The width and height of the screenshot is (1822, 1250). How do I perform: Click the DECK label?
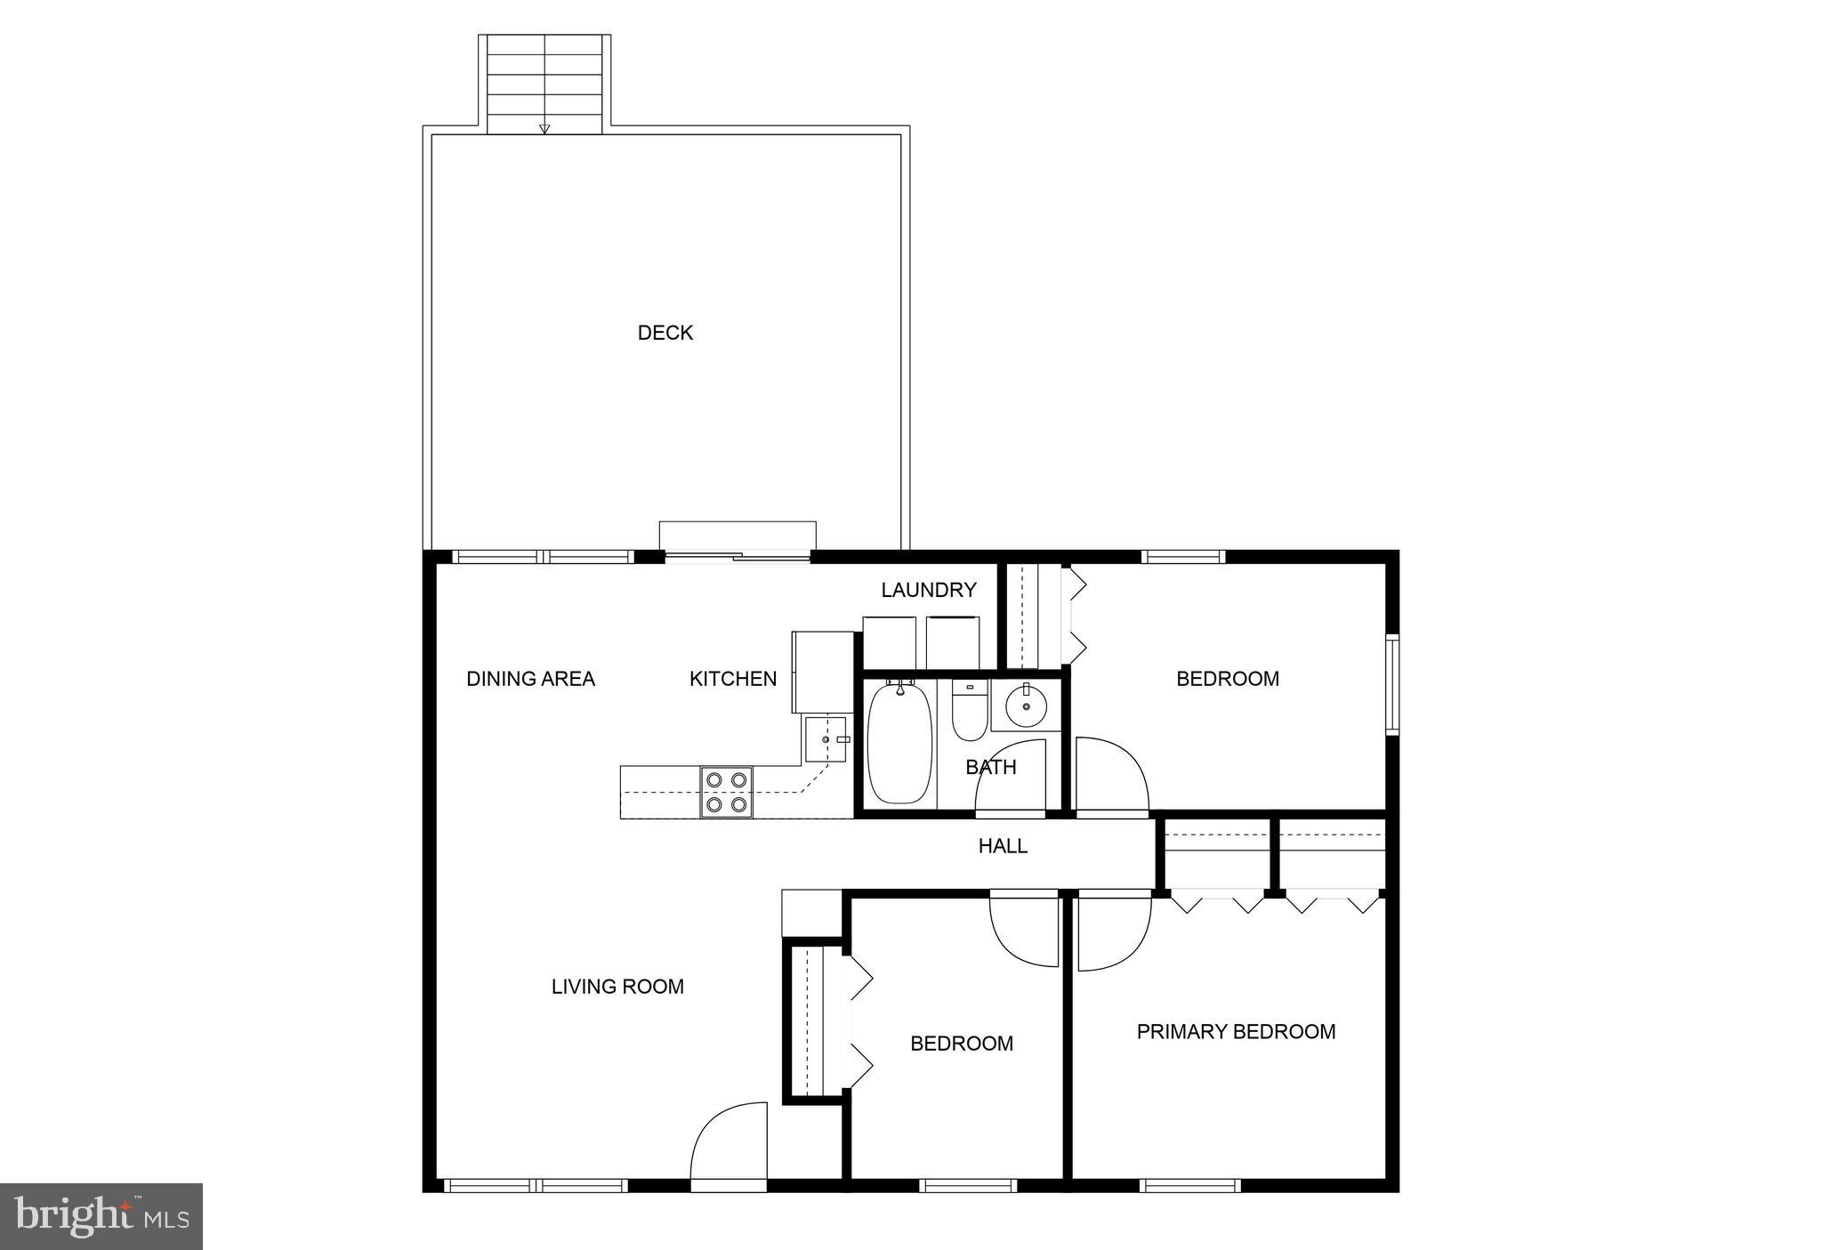665,333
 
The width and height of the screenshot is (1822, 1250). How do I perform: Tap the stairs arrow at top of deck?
544,128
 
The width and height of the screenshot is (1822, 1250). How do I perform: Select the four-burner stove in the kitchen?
726,792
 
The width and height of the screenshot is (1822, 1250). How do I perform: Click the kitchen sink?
825,739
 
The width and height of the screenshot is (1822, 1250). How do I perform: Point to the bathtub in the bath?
899,744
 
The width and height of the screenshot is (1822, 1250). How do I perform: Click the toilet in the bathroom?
969,711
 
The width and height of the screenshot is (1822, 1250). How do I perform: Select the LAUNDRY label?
928,590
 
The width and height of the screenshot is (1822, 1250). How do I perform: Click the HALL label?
1003,846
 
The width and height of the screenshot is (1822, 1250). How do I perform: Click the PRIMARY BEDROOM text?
1236,1032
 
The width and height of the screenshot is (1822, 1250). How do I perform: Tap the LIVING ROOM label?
617,987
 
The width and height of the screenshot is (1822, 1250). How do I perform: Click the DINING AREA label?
530,679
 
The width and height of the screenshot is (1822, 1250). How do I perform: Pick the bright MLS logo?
101,1216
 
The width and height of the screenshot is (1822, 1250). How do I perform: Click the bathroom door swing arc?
1012,776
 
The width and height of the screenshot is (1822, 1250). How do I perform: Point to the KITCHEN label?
732,679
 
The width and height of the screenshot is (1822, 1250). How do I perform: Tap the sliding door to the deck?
738,557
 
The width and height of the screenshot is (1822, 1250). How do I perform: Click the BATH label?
990,767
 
